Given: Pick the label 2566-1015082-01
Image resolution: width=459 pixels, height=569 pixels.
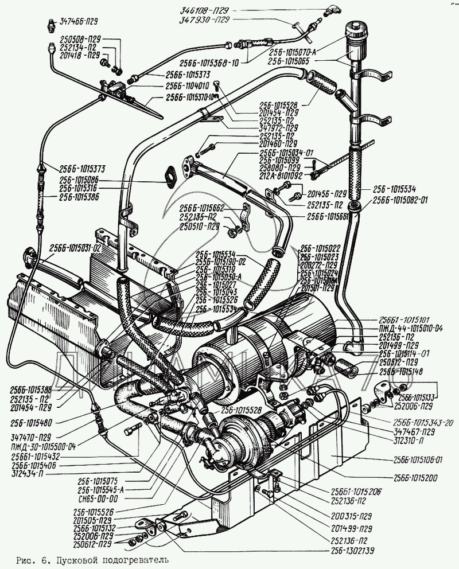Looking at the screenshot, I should (400, 200).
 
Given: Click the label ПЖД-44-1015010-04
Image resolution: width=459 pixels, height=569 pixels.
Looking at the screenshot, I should (411, 329).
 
